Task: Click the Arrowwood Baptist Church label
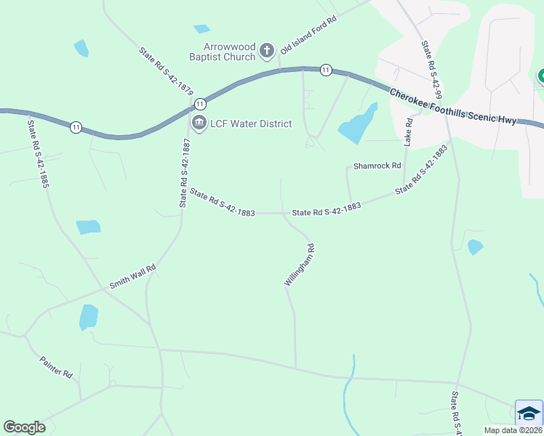coord(219,51)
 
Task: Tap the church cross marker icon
coord(267,50)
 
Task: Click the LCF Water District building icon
coord(198,124)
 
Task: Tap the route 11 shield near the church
coord(325,70)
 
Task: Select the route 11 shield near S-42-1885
coord(76,127)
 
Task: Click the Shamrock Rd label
coord(377,166)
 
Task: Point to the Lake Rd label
coord(409,131)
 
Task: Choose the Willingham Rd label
coord(300,265)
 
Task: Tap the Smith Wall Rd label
coord(133,277)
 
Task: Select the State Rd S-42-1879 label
coord(166,70)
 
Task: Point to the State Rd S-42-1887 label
coord(185,174)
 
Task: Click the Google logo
coord(24,427)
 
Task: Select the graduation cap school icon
coord(529,413)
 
